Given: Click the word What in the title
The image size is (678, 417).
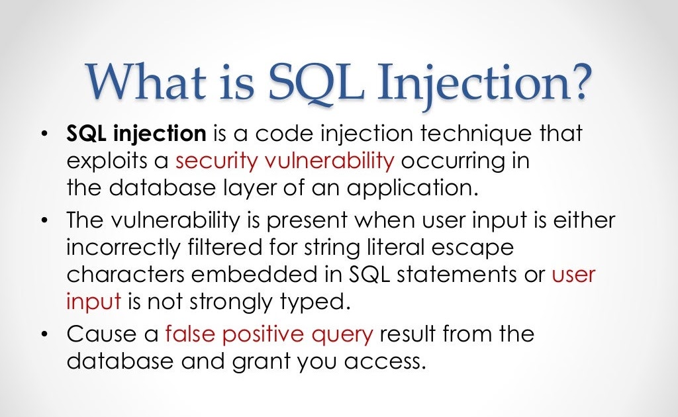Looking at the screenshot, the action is pos(146,81).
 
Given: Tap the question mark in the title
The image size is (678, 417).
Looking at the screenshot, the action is pos(577,81).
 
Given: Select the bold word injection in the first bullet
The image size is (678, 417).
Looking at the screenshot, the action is pos(160,134).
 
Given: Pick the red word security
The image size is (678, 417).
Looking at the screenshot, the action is pos(217,162).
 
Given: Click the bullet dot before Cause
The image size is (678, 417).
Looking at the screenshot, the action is pos(44,335).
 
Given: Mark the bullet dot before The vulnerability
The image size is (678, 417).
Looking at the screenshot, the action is pos(44,221).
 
